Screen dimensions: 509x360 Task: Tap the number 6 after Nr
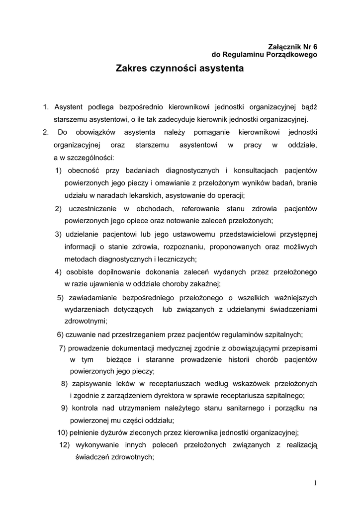[x=314, y=46]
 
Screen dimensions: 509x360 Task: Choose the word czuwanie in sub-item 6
[x=80, y=334]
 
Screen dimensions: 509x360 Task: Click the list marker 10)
[x=63, y=432]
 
